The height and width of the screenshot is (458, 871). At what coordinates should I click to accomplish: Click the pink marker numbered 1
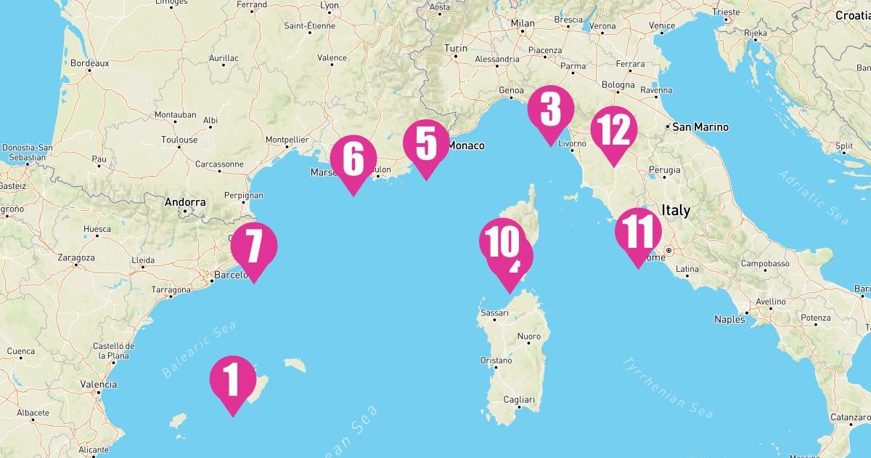[x=232, y=379]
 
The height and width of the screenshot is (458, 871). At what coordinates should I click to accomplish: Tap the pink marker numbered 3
[x=550, y=109]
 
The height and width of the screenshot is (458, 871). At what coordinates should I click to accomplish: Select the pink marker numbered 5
[x=426, y=144]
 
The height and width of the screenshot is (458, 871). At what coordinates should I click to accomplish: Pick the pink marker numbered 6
[x=353, y=160]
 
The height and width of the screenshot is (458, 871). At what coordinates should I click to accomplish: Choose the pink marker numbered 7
[x=254, y=246]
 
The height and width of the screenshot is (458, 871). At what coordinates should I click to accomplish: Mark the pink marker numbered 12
[x=613, y=131]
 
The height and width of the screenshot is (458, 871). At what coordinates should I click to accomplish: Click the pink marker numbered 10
[x=501, y=242]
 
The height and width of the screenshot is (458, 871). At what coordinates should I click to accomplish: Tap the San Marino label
[x=700, y=127]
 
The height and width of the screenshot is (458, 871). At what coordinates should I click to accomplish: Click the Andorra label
[x=185, y=203]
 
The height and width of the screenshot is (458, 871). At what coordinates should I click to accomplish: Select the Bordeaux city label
[x=90, y=63]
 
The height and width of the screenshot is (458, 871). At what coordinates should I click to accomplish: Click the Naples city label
[x=729, y=319]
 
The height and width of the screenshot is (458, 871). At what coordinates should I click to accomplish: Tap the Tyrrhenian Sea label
[x=668, y=387]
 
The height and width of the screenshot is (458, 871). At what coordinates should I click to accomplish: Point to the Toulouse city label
[x=179, y=140]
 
